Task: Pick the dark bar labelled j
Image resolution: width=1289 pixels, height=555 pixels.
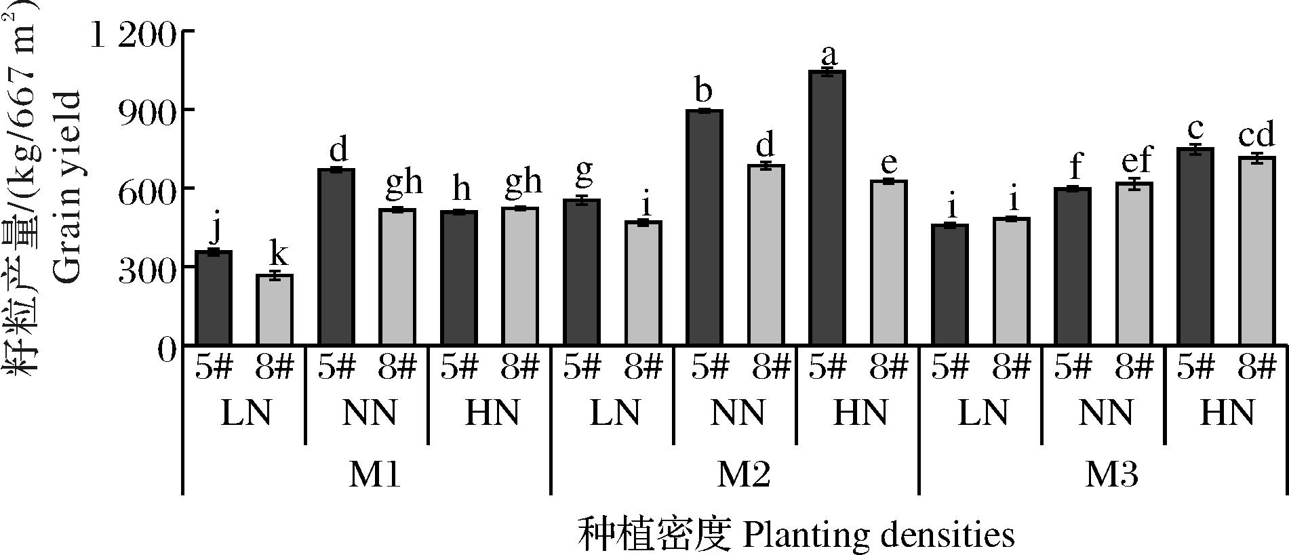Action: coord(214,298)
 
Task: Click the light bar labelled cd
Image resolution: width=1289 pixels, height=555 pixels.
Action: coord(1257,251)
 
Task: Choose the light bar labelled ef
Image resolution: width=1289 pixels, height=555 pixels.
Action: coord(1134,264)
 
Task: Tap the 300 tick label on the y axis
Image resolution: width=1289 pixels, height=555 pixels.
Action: coord(147,267)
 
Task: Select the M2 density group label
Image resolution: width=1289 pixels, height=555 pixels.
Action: coord(744,475)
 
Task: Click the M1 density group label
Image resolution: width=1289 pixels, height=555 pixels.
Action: coord(375,475)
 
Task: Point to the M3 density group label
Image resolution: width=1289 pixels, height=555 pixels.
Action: coord(1112,475)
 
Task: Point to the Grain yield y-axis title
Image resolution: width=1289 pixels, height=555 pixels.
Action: coord(66,186)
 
